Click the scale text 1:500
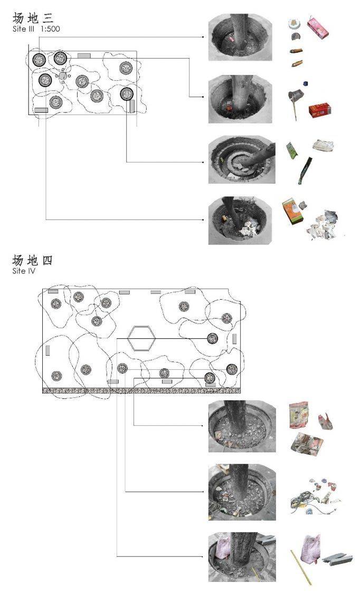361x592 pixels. point(50,28)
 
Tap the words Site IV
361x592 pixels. point(24,271)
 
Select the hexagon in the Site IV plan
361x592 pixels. point(141,338)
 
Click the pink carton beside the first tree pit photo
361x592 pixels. point(318,28)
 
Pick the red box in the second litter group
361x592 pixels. point(320,110)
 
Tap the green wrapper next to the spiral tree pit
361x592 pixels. point(292,151)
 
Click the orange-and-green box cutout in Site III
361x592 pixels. point(293,212)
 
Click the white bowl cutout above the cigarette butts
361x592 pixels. point(293,24)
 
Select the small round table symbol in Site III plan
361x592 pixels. point(63,76)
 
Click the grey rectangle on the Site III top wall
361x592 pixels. point(84,56)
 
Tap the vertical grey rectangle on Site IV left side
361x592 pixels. point(48,350)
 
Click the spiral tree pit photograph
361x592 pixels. point(242,160)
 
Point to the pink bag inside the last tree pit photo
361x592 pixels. point(223,548)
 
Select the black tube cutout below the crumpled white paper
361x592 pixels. point(305,170)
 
